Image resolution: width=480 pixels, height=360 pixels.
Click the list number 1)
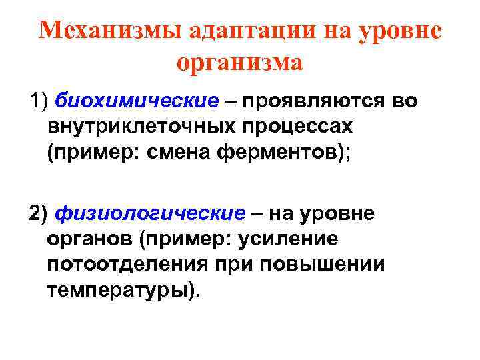point(39,101)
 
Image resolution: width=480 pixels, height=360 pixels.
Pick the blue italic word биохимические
point(137,101)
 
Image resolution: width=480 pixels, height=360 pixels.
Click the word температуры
point(119,289)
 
